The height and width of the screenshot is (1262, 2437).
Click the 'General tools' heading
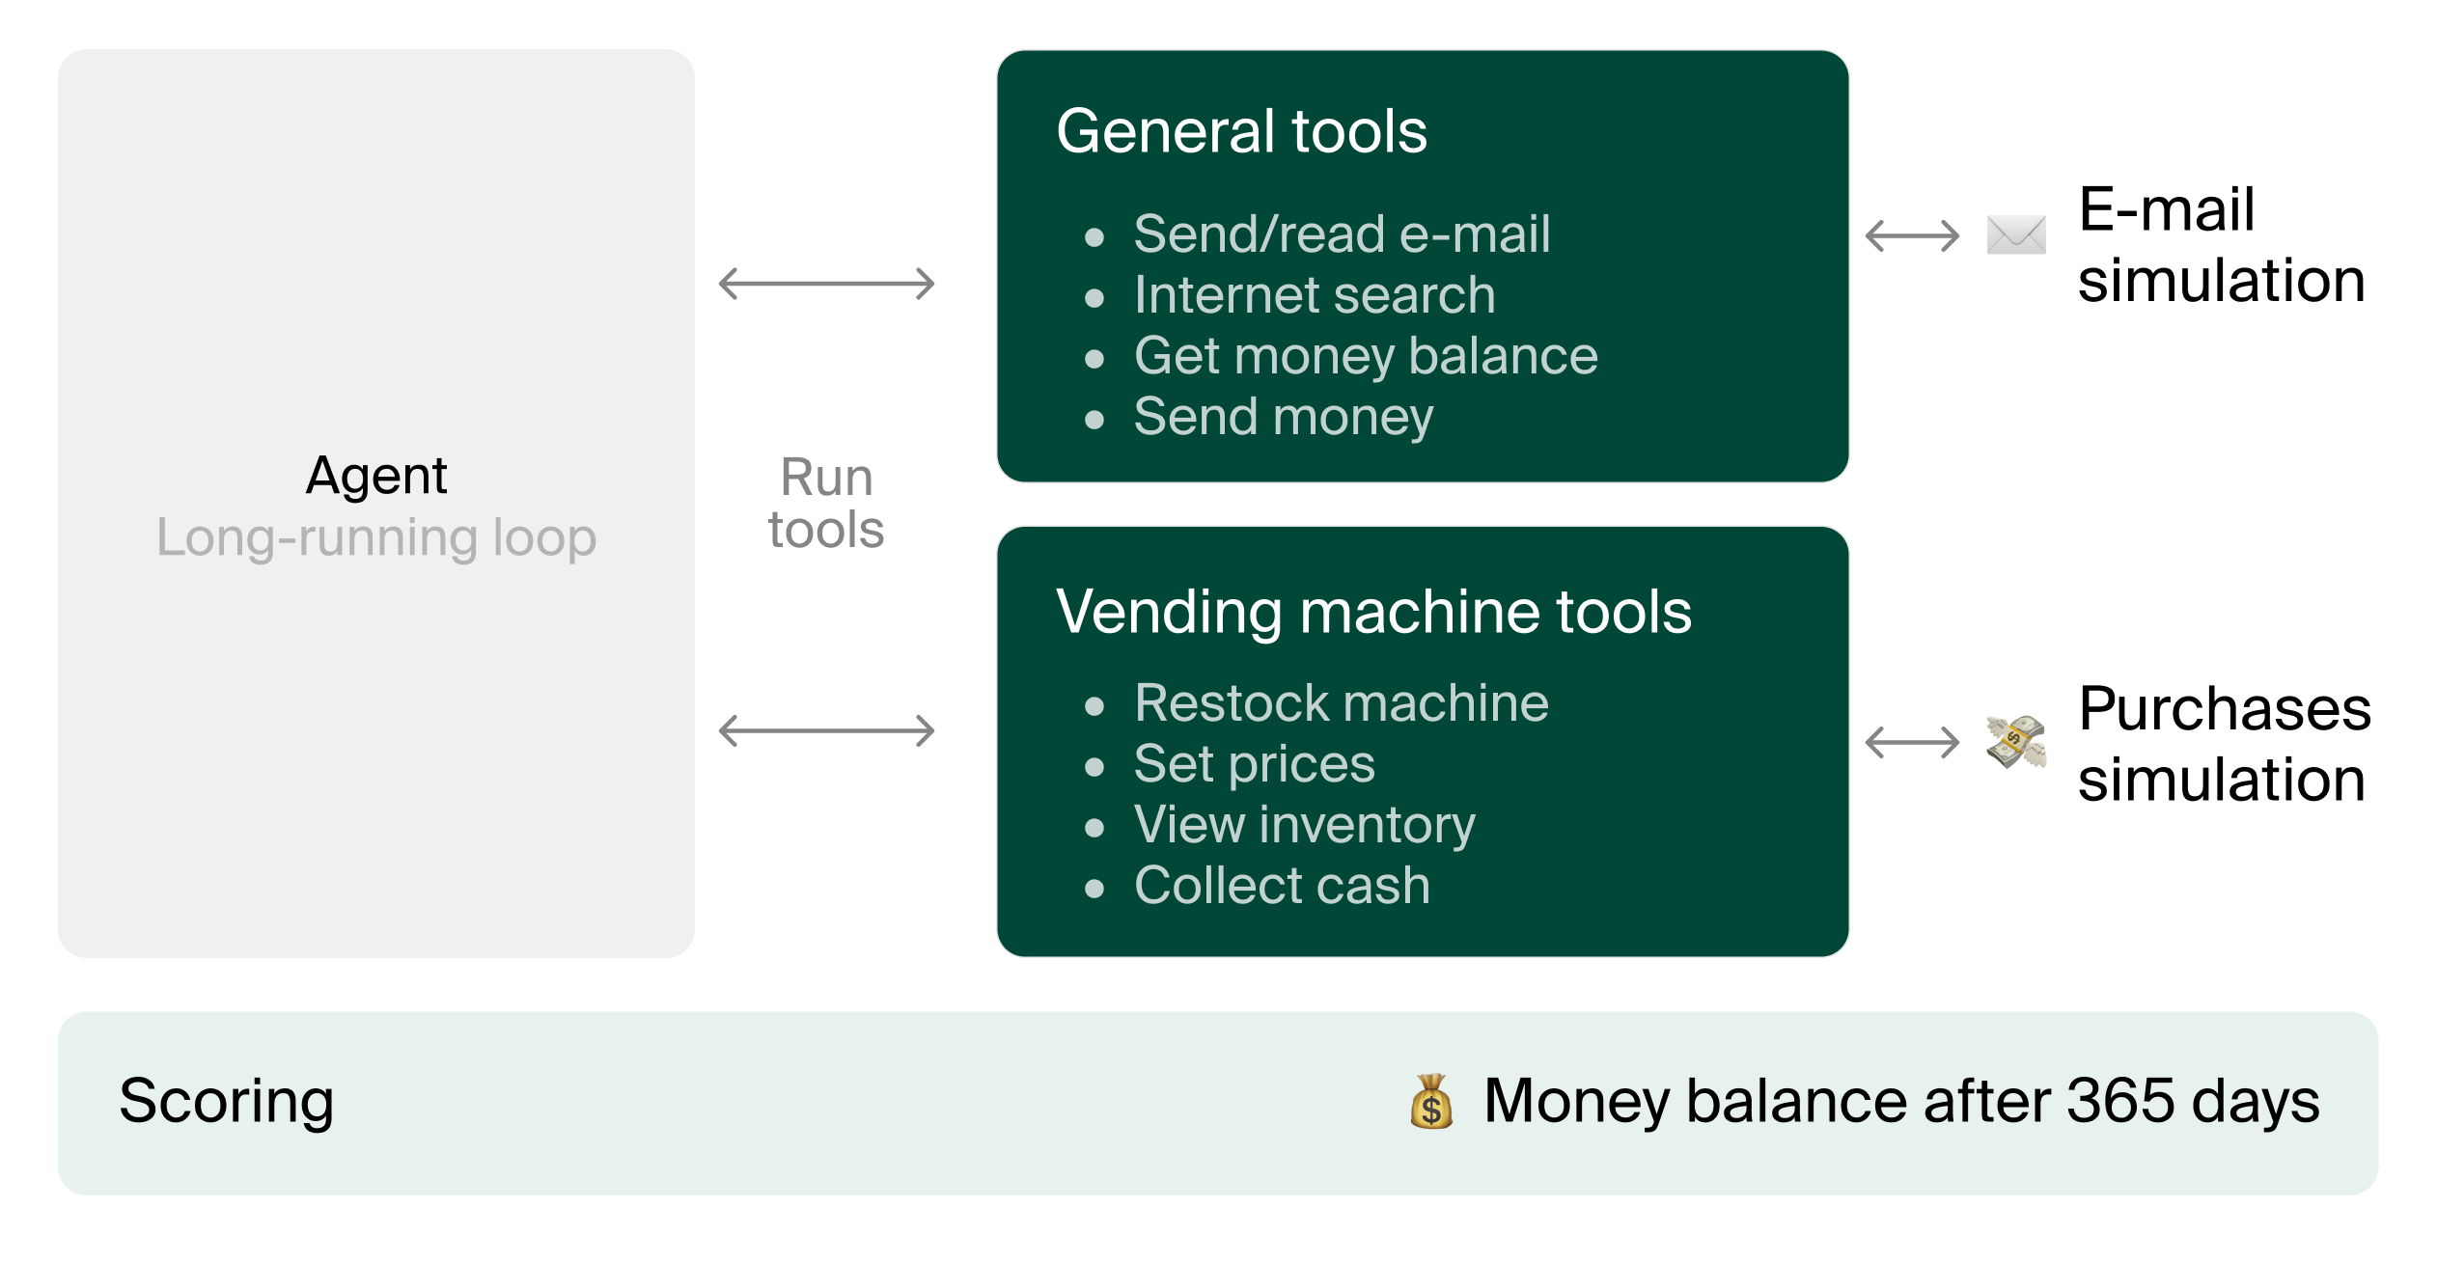click(x=1241, y=131)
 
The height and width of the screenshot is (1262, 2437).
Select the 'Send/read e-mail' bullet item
click(x=1342, y=234)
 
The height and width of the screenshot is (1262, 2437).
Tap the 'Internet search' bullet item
click(x=1314, y=295)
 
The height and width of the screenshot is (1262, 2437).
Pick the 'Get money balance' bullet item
click(x=1365, y=356)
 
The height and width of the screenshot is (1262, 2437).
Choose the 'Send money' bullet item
click(x=1283, y=417)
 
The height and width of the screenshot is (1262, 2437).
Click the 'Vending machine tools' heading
click(x=1373, y=612)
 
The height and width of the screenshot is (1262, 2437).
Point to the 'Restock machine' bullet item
click(x=1341, y=703)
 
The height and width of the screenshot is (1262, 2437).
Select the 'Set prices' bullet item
click(x=1254, y=764)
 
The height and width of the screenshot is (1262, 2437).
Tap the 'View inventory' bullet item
click(x=1304, y=825)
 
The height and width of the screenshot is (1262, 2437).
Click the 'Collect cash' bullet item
click(x=1281, y=886)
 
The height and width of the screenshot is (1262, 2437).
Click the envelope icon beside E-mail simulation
click(x=2016, y=235)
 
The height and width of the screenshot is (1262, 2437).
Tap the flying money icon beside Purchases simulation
click(x=2016, y=742)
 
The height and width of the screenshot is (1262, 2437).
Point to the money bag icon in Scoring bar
click(x=1431, y=1102)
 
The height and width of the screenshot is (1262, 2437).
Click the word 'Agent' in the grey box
click(x=376, y=476)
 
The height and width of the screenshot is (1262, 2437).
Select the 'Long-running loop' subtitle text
click(x=376, y=537)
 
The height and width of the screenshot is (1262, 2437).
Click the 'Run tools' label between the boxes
click(x=826, y=504)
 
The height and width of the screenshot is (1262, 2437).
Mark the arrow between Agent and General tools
click(x=826, y=284)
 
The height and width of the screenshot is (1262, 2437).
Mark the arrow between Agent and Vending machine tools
click(x=826, y=730)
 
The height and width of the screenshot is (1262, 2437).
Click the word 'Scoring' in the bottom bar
click(x=227, y=1101)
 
